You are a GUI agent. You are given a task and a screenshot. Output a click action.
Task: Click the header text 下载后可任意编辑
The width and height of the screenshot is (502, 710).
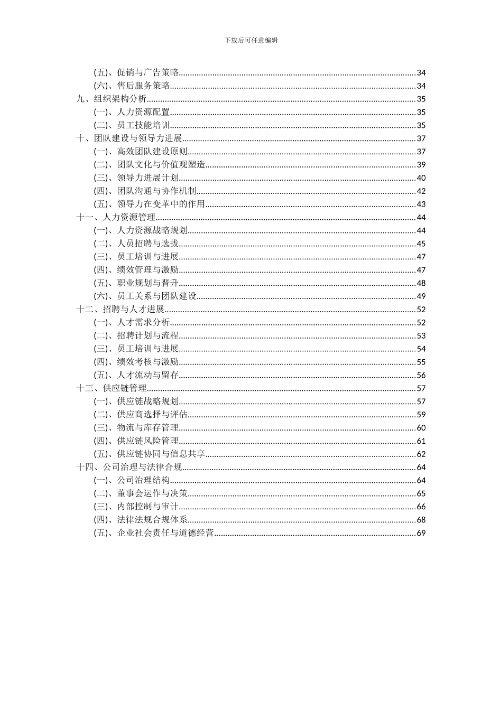tap(251, 40)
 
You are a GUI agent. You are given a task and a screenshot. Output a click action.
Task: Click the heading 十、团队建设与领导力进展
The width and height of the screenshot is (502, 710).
tap(129, 138)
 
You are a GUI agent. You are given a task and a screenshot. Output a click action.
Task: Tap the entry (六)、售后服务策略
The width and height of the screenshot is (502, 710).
tap(132, 86)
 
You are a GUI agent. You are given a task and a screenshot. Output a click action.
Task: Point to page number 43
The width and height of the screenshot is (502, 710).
tap(421, 204)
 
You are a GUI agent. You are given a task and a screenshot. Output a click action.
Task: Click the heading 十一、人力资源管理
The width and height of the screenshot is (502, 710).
tap(116, 217)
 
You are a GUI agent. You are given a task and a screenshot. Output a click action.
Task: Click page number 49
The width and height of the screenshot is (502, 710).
tap(421, 296)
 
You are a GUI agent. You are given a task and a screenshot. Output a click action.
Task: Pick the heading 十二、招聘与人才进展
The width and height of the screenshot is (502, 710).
tap(121, 310)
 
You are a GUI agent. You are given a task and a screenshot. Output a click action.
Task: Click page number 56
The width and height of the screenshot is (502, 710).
tap(421, 375)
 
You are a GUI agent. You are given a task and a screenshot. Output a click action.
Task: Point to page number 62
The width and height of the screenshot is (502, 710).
tap(421, 454)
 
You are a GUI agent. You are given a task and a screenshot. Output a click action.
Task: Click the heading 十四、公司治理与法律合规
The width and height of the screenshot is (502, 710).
tap(129, 467)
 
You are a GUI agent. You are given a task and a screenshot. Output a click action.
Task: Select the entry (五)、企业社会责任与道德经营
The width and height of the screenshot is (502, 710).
tap(154, 533)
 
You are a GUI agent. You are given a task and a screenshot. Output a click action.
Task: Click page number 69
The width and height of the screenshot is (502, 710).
tap(421, 533)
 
